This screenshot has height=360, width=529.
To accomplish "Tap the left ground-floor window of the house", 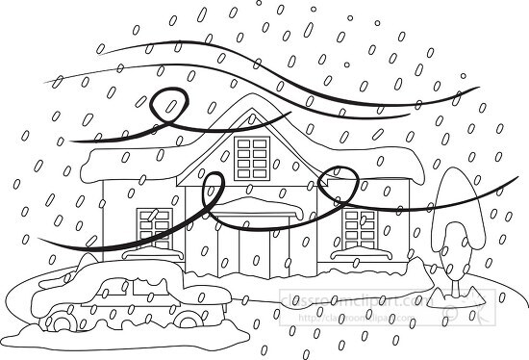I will [x=155, y=227].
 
